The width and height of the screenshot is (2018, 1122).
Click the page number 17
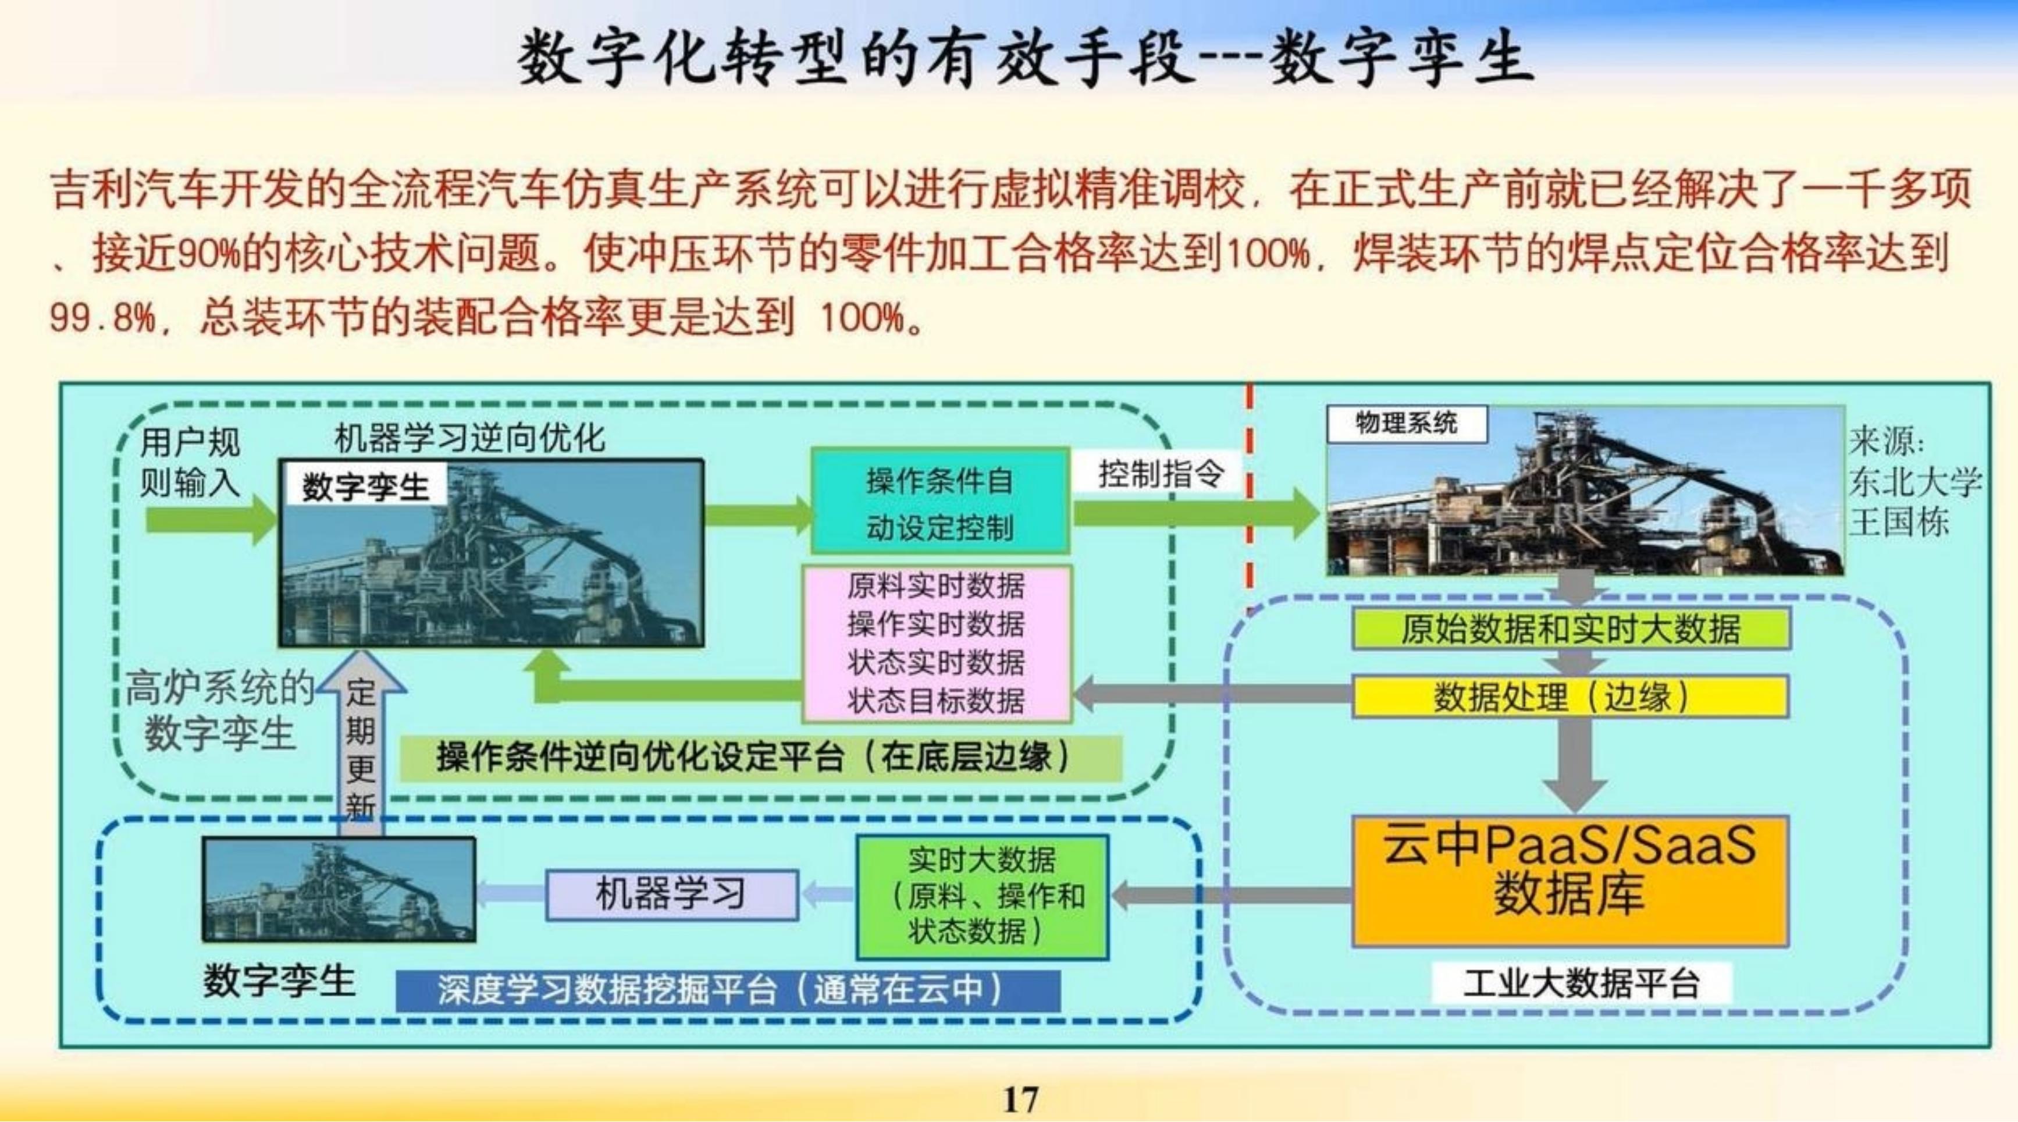pyautogui.click(x=1020, y=1100)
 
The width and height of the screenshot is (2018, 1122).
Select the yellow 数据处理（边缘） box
pyautogui.click(x=1570, y=697)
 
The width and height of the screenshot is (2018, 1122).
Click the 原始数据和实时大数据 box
pyautogui.click(x=1570, y=629)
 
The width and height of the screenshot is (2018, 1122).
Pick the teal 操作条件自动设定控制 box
pyautogui.click(x=940, y=500)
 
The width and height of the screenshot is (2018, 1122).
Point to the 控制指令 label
pyautogui.click(x=1160, y=473)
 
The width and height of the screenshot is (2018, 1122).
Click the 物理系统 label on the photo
pyautogui.click(x=1406, y=424)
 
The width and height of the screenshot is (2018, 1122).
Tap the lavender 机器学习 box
pyautogui.click(x=671, y=894)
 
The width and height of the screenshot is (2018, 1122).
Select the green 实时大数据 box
pyautogui.click(x=983, y=896)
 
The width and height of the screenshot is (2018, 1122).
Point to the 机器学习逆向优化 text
pyautogui.click(x=470, y=438)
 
